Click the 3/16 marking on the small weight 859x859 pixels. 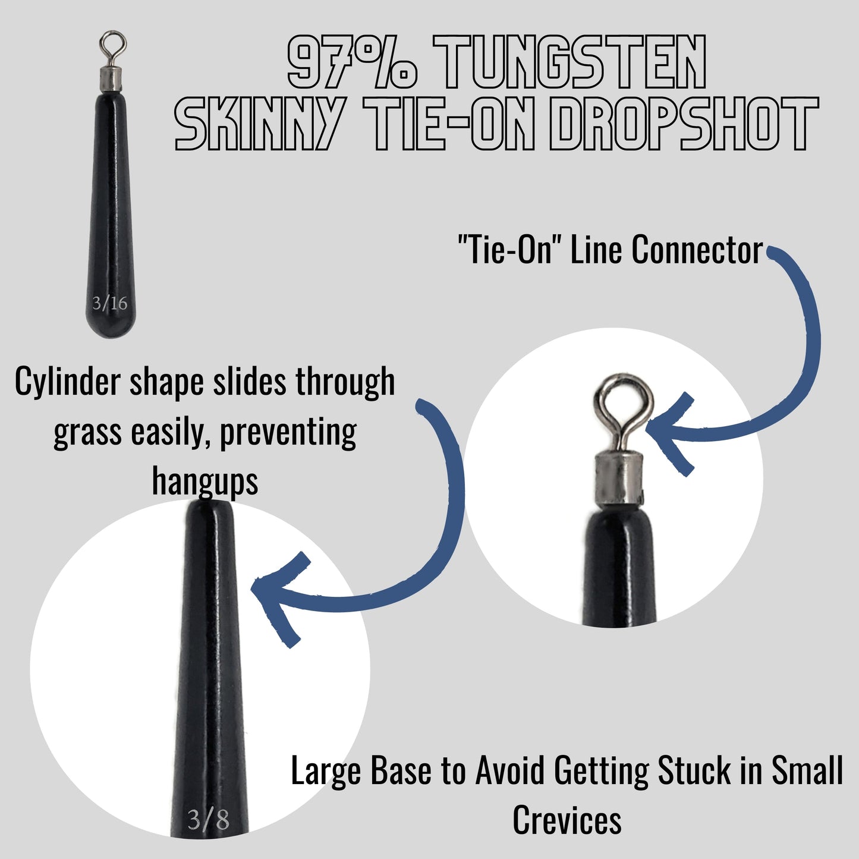110,303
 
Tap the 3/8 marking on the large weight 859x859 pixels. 208,820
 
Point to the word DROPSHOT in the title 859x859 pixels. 684,124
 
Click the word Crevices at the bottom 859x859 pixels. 567,820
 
